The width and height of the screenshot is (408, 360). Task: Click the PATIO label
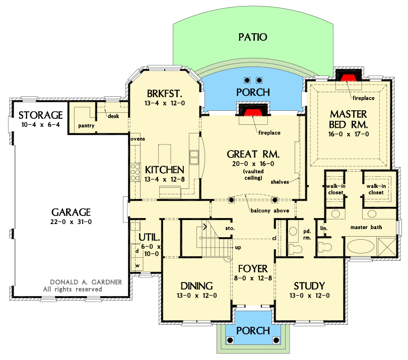(252, 37)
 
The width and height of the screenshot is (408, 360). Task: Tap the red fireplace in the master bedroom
(348, 77)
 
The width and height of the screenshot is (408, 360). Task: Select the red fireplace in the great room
(253, 109)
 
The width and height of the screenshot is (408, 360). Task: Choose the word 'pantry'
(86, 125)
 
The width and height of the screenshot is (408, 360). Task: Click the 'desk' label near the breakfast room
(113, 116)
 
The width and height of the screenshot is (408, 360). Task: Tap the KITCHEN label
(164, 169)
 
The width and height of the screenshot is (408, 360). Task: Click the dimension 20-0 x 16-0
(253, 163)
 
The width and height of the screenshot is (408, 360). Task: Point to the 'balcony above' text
(269, 210)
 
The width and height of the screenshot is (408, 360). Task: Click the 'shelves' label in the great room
(280, 181)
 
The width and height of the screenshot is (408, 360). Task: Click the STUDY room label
(309, 285)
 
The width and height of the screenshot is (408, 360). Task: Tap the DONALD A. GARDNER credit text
(86, 282)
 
